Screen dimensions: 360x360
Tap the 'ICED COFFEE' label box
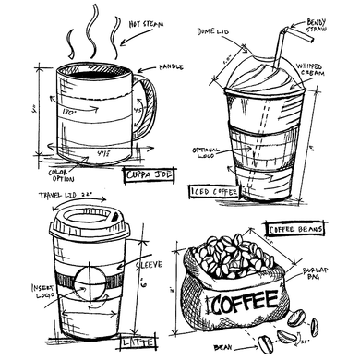coord(214,192)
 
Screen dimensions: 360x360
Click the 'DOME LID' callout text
coord(213,30)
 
